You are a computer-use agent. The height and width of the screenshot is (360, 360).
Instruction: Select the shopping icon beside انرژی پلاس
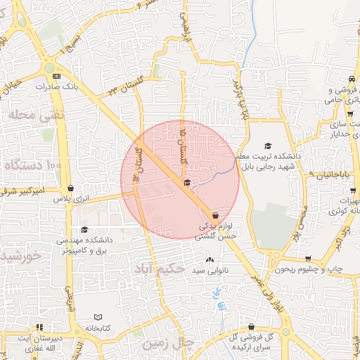click(72, 188)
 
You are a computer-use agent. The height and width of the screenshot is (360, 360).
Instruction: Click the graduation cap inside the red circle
click(186, 184)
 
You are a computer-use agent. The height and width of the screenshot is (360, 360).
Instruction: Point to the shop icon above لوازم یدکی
click(214, 215)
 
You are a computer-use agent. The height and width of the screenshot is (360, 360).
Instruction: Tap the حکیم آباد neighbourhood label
click(160, 269)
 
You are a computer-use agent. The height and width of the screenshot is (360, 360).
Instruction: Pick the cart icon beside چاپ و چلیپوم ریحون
click(307, 259)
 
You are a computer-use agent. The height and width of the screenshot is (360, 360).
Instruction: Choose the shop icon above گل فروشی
click(252, 326)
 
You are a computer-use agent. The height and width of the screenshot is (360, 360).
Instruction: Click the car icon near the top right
click(351, 79)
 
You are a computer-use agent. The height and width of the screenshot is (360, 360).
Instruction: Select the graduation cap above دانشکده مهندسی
click(84, 229)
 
